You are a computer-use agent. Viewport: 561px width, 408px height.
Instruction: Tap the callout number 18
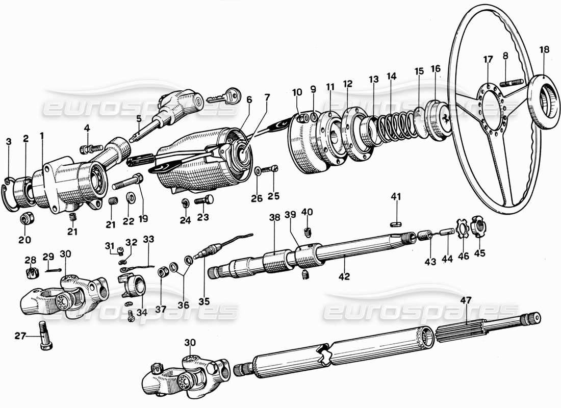pyautogui.click(x=544, y=50)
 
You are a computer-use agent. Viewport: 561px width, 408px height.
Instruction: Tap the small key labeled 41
pyautogui.click(x=397, y=222)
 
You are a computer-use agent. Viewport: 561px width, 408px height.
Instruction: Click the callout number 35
pyautogui.click(x=204, y=301)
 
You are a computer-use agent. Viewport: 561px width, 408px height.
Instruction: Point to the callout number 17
pyautogui.click(x=488, y=60)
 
